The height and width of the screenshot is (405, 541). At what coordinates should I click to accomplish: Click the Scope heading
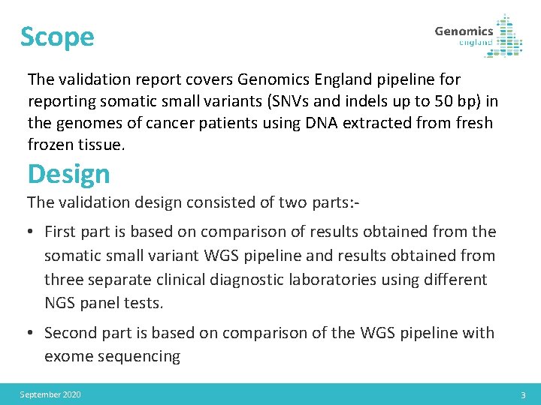click(57, 37)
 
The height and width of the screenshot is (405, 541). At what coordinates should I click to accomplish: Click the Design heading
click(68, 174)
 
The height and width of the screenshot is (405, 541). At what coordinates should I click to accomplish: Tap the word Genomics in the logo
click(464, 31)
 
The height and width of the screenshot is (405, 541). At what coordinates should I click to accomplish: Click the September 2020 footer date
click(50, 394)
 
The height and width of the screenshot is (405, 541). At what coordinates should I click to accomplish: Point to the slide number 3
click(523, 394)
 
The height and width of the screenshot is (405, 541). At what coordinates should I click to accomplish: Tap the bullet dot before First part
click(32, 232)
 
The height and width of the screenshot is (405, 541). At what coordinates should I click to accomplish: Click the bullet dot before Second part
click(32, 332)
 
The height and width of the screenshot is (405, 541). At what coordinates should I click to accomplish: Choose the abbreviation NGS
click(60, 304)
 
